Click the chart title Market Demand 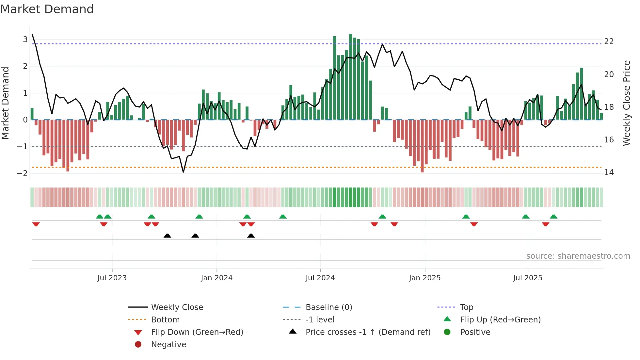[47, 9]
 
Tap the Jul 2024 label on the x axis [320, 278]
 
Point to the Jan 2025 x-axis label [424, 278]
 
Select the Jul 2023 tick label [112, 278]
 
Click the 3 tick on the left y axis [25, 40]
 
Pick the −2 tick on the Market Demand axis [23, 173]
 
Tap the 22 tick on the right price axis [609, 41]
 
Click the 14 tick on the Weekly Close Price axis [609, 172]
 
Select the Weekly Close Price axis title [626, 103]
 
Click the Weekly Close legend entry [177, 307]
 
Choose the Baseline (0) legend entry [328, 307]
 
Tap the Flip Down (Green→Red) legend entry [197, 332]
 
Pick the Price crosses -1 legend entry [368, 332]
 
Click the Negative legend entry [168, 345]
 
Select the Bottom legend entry [165, 320]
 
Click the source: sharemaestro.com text [578, 256]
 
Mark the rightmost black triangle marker [251, 236]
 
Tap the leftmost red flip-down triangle [36, 224]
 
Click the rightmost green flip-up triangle [553, 217]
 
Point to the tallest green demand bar [350, 77]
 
